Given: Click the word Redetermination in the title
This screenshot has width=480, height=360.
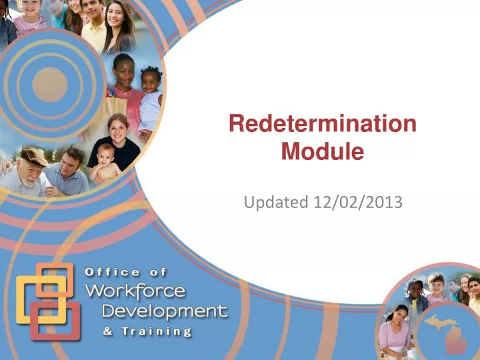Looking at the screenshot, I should tap(323, 125).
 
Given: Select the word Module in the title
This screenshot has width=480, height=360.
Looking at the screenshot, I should tap(323, 153).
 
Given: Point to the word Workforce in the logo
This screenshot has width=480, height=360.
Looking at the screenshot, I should tap(136, 291).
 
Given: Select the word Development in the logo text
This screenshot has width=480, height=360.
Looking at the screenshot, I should tap(164, 311).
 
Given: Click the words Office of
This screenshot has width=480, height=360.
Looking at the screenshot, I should tap(126, 272).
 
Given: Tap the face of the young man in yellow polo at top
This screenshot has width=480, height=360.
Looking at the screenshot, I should tap(93, 13).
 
